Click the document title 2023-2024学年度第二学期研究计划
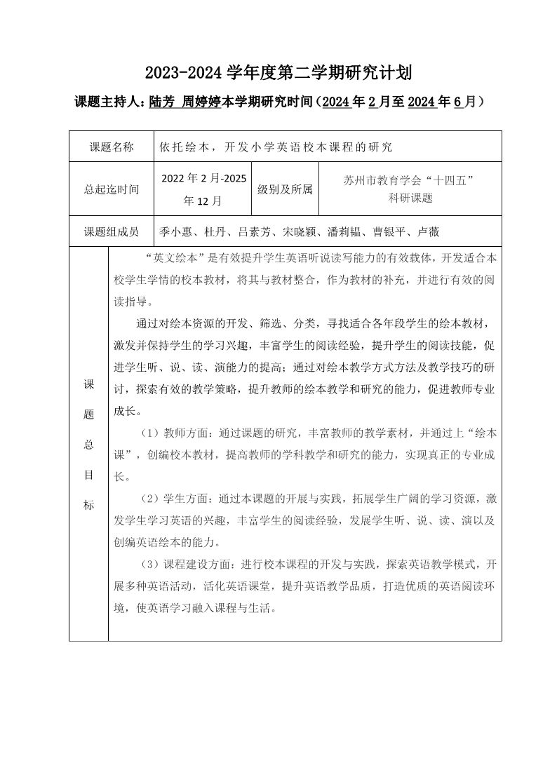coord(278,72)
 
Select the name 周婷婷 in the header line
coord(201,102)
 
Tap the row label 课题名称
coord(112,147)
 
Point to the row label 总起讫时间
coord(112,189)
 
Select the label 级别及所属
coord(285,189)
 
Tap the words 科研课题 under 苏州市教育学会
coord(410,198)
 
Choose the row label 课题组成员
coord(112,231)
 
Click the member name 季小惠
coord(176,232)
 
